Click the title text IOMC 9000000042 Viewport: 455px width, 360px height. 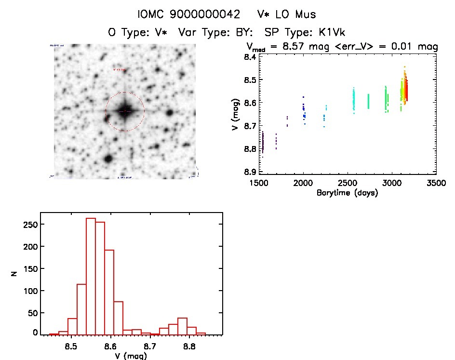pos(188,14)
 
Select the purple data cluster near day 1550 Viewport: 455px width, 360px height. pos(263,143)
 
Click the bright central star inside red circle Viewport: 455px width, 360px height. pos(125,111)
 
